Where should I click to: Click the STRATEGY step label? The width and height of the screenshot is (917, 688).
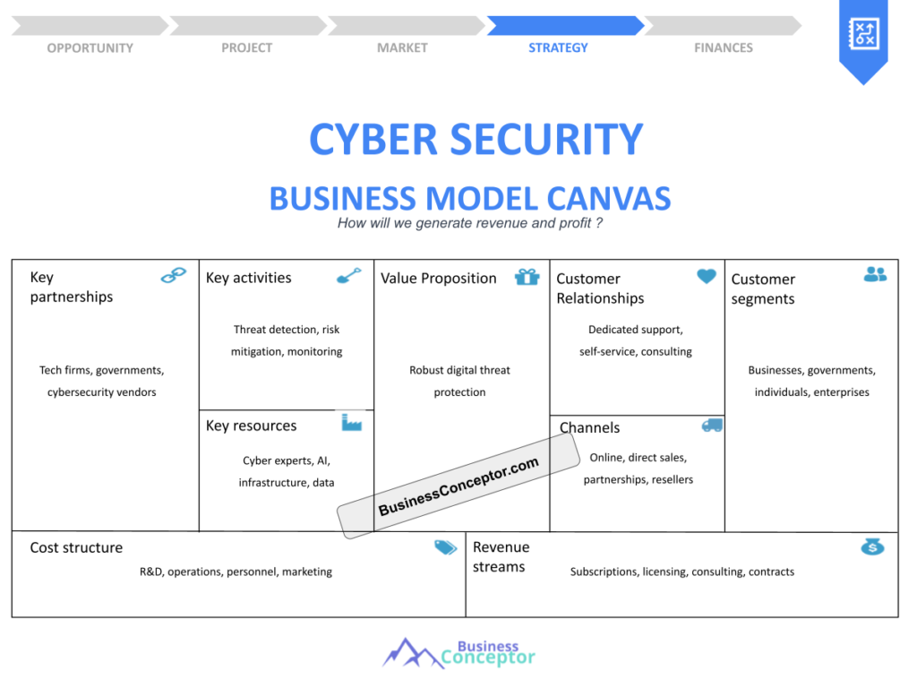(x=558, y=47)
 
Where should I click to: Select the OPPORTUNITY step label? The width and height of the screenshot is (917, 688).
(x=90, y=47)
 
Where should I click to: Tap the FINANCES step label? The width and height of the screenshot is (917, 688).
(x=724, y=47)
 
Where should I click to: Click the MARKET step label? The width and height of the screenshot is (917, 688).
(x=402, y=47)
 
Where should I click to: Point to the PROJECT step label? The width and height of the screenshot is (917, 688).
(x=246, y=47)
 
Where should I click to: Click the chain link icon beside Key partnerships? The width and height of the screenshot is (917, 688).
(x=174, y=276)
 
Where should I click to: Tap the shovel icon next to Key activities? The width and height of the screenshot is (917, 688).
(x=348, y=275)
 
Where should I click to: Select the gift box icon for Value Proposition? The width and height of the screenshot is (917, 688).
(x=527, y=277)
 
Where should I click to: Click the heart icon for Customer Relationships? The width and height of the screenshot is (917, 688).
(x=707, y=276)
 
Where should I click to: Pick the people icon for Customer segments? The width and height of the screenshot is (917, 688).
(x=875, y=274)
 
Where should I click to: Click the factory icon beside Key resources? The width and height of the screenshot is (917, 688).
(x=352, y=422)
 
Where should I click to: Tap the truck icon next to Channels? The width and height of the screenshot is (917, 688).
(x=712, y=425)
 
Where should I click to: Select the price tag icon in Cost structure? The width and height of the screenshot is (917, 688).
(x=445, y=547)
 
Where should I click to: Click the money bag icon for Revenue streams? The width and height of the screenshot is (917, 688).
(x=872, y=546)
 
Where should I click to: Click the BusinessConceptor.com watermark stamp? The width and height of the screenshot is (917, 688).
(x=458, y=486)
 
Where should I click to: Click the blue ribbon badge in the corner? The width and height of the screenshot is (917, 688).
(x=863, y=38)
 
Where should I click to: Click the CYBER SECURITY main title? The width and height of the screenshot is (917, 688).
(x=476, y=140)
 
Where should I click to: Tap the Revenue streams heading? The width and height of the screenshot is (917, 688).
(x=501, y=556)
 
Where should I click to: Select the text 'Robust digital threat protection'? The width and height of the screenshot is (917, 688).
(x=459, y=381)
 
